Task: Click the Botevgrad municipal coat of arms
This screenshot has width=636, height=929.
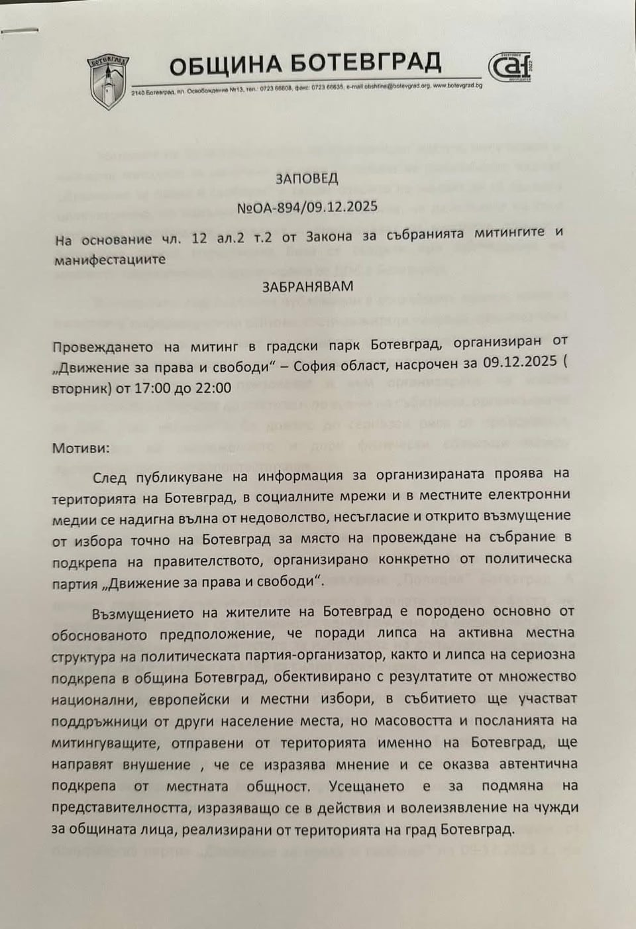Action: click(x=108, y=81)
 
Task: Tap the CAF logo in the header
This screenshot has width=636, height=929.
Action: click(x=512, y=68)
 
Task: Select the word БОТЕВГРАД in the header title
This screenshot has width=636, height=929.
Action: click(x=366, y=64)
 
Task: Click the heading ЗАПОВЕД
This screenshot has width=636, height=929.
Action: click(x=307, y=178)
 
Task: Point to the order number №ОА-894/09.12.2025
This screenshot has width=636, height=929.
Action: click(x=307, y=207)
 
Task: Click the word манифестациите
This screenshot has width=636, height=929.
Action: click(x=111, y=259)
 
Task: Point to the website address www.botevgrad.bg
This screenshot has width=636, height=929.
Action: click(x=458, y=86)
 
